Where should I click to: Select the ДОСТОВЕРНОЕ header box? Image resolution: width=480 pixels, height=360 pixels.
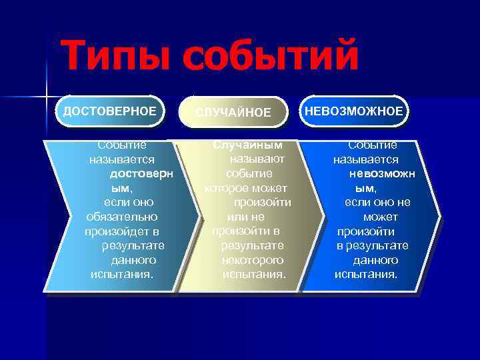[x=110, y=111]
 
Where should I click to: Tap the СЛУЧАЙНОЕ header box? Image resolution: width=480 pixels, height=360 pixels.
[x=233, y=113]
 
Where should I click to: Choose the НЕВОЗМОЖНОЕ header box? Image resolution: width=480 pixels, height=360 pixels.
[x=354, y=111]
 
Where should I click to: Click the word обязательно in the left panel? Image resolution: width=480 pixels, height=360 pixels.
[x=122, y=217]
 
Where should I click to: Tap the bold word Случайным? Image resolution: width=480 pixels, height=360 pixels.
[x=247, y=145]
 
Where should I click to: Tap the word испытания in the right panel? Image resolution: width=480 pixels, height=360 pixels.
[x=365, y=275]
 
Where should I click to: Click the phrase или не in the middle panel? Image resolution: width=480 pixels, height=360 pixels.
[x=245, y=217]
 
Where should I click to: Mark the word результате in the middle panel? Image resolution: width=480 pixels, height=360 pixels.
[x=253, y=245]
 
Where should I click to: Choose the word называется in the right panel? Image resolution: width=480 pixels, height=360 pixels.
[x=366, y=159]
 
